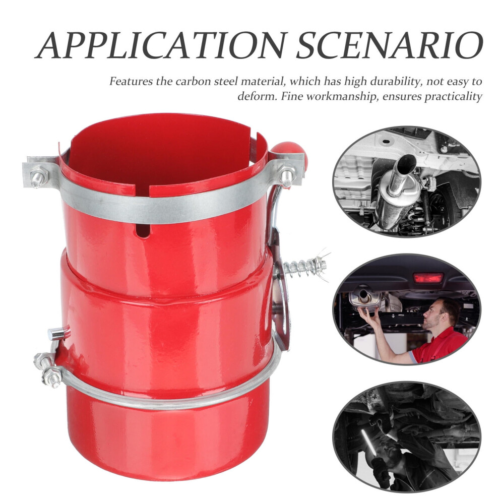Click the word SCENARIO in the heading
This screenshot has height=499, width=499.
(390, 45)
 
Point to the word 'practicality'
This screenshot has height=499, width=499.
(454, 96)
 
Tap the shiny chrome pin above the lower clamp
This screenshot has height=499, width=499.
(58, 334)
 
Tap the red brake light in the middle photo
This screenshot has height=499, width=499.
(428, 278)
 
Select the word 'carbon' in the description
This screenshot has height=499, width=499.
(193, 82)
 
